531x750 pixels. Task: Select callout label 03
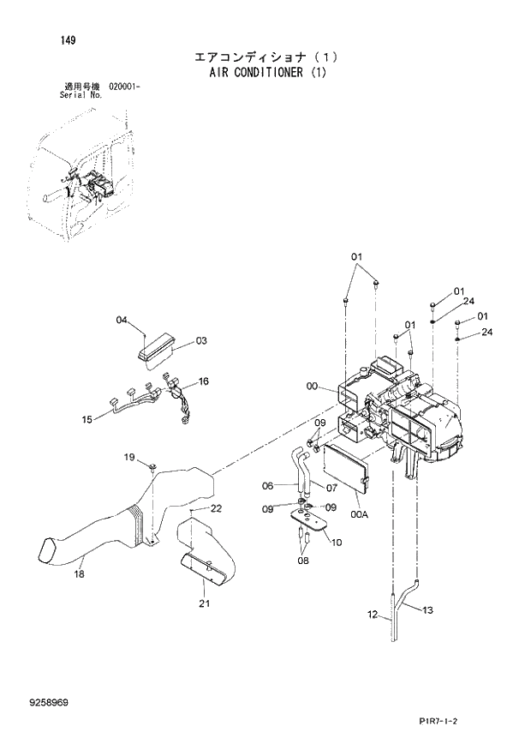201,340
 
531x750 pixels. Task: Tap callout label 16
203,381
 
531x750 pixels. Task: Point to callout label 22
217,508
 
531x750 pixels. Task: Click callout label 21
204,605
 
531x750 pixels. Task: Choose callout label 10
336,542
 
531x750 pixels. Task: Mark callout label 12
372,614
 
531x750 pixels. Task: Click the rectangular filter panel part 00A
346,471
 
